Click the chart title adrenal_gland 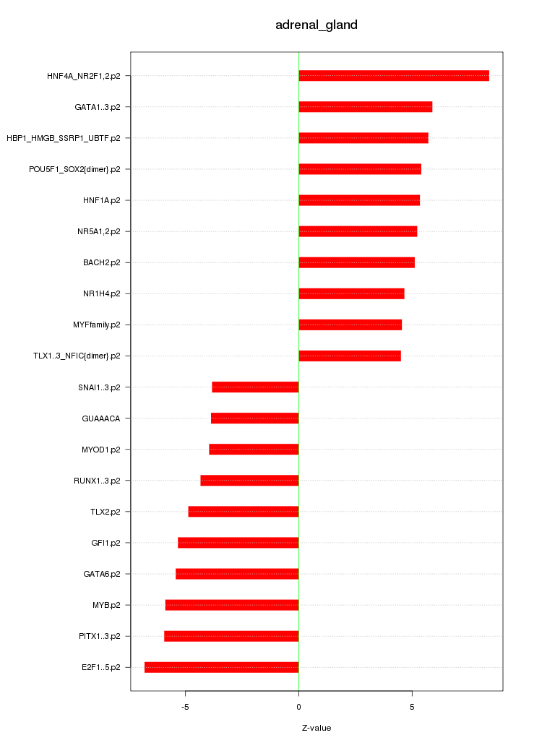[317, 25]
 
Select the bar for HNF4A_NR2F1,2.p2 [394, 76]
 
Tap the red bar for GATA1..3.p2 [365, 107]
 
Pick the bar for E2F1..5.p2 [221, 667]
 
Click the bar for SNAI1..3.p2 [255, 387]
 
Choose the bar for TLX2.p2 [243, 512]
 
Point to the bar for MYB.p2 [231, 605]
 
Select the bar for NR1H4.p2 [351, 293]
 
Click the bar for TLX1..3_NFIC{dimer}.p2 [349, 356]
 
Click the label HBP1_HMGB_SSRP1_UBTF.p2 [64, 138]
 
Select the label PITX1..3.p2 [100, 636]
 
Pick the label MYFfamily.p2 [97, 325]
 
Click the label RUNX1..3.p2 [97, 481]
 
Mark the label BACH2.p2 [102, 262]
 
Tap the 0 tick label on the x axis [298, 706]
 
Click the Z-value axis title [317, 728]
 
